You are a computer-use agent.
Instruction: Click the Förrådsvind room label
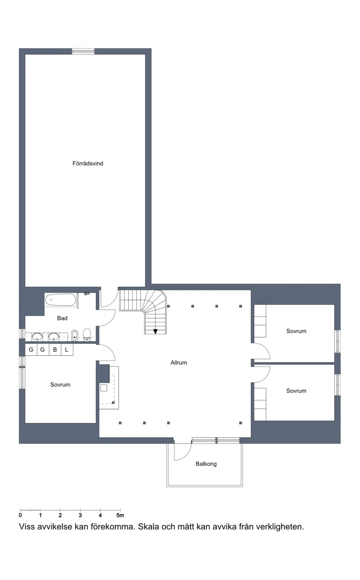pos(88,163)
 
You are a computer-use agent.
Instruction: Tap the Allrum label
pos(179,363)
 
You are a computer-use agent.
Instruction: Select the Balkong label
pos(206,464)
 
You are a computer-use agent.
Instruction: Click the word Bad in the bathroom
pos(62,318)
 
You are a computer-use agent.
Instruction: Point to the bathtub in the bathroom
pos(61,300)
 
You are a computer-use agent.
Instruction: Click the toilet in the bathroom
pos(87,335)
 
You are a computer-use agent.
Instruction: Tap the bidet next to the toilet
pos(75,336)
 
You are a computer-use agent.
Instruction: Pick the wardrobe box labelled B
pos(55,350)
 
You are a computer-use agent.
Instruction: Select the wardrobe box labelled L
pos(67,350)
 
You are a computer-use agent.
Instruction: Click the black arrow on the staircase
pos(155,331)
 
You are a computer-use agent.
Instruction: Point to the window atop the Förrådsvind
pos(83,51)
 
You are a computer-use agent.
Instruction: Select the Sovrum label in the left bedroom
pos(60,385)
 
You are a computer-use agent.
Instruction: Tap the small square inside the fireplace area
pos(104,388)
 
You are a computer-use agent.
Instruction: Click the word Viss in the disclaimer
pos(27,532)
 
